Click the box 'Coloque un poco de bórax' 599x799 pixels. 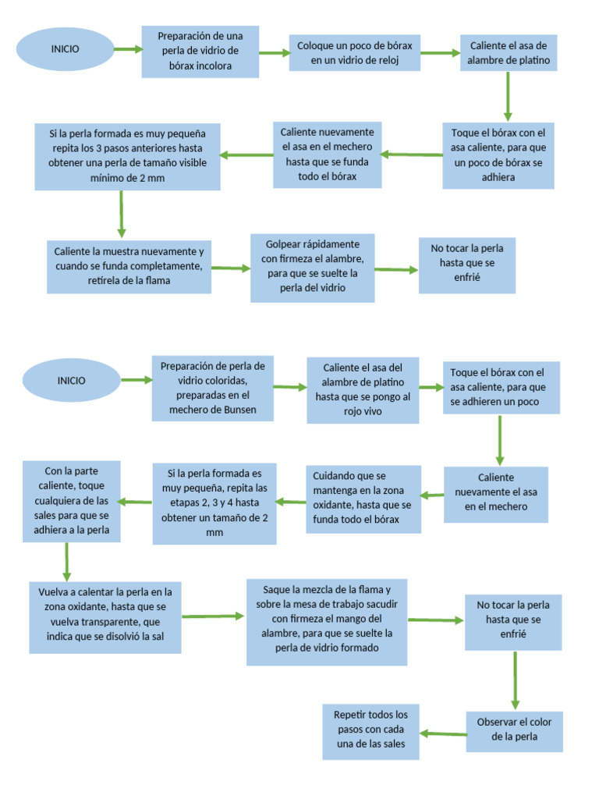pyautogui.click(x=355, y=52)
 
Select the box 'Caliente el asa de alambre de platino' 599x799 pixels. pyautogui.click(x=509, y=52)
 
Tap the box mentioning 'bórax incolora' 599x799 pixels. pyautogui.click(x=200, y=51)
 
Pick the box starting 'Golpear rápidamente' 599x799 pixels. pyautogui.click(x=312, y=268)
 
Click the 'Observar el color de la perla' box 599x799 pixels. pyautogui.click(x=514, y=730)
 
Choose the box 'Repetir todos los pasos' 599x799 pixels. pyautogui.click(x=370, y=732)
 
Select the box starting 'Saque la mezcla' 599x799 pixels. pyautogui.click(x=327, y=622)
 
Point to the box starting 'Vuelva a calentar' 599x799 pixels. pyautogui.click(x=105, y=617)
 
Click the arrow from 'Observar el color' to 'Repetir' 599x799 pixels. pyautogui.click(x=442, y=733)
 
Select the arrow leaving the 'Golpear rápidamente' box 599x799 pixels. pyautogui.click(x=396, y=270)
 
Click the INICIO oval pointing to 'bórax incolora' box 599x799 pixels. pyautogui.click(x=66, y=49)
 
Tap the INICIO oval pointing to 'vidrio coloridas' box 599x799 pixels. pyautogui.click(x=72, y=381)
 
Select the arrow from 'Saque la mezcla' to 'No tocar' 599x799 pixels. pyautogui.click(x=436, y=620)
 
